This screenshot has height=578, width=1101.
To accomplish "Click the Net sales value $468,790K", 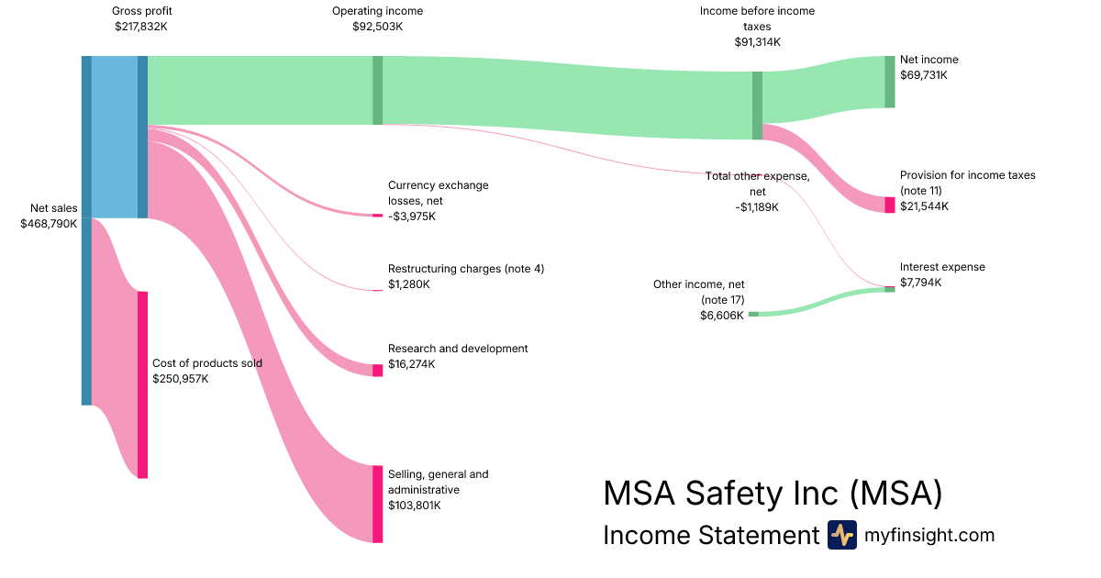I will [49, 224].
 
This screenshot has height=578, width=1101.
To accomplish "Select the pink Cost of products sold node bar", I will [142, 384].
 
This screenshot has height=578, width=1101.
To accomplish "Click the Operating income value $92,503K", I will [377, 27].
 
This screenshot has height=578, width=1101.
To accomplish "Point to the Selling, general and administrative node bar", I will [377, 504].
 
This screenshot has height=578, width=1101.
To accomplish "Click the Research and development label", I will [458, 349].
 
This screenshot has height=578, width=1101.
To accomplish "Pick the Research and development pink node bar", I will [377, 370].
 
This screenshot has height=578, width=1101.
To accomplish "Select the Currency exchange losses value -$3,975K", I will [412, 217].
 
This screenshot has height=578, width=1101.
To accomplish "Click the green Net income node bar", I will [889, 82].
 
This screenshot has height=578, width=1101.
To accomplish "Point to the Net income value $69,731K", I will [923, 75].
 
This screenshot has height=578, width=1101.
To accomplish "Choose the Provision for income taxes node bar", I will [889, 205].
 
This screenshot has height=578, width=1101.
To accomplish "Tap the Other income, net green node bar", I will [753, 314].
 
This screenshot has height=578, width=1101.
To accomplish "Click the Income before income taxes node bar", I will [757, 106].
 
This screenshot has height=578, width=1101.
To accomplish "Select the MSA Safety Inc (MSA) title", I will [773, 494].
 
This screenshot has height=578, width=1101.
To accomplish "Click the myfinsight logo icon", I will [841, 535].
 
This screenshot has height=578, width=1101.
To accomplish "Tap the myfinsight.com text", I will [929, 535].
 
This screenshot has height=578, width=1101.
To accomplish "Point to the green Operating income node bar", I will [377, 90].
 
